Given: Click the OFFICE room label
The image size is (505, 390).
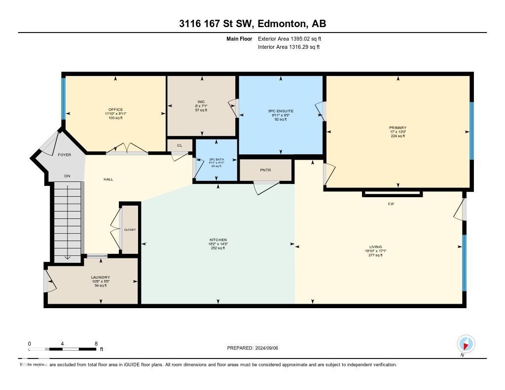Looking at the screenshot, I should pos(115,109).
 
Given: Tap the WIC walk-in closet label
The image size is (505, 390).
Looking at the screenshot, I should pos(201,102).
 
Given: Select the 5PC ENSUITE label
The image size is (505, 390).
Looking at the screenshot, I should pos(280,111).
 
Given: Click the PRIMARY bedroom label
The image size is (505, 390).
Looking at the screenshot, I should pos(397,128).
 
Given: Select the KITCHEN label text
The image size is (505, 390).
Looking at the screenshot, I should pos(217,240).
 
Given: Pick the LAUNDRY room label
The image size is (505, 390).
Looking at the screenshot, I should pos(100,277).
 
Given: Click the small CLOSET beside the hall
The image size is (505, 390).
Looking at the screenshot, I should pos(130,230).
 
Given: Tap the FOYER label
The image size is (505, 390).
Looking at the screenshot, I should pos(64,155).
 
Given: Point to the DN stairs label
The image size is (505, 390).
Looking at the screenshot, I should pos(67,176).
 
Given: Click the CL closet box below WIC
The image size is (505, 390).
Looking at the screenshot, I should pos(179,145).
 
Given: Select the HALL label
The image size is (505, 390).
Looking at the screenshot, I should pos(108,179).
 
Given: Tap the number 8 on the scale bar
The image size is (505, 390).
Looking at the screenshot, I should pos(96,344).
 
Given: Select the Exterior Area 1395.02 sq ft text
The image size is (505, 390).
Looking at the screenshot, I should pos(289,38).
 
